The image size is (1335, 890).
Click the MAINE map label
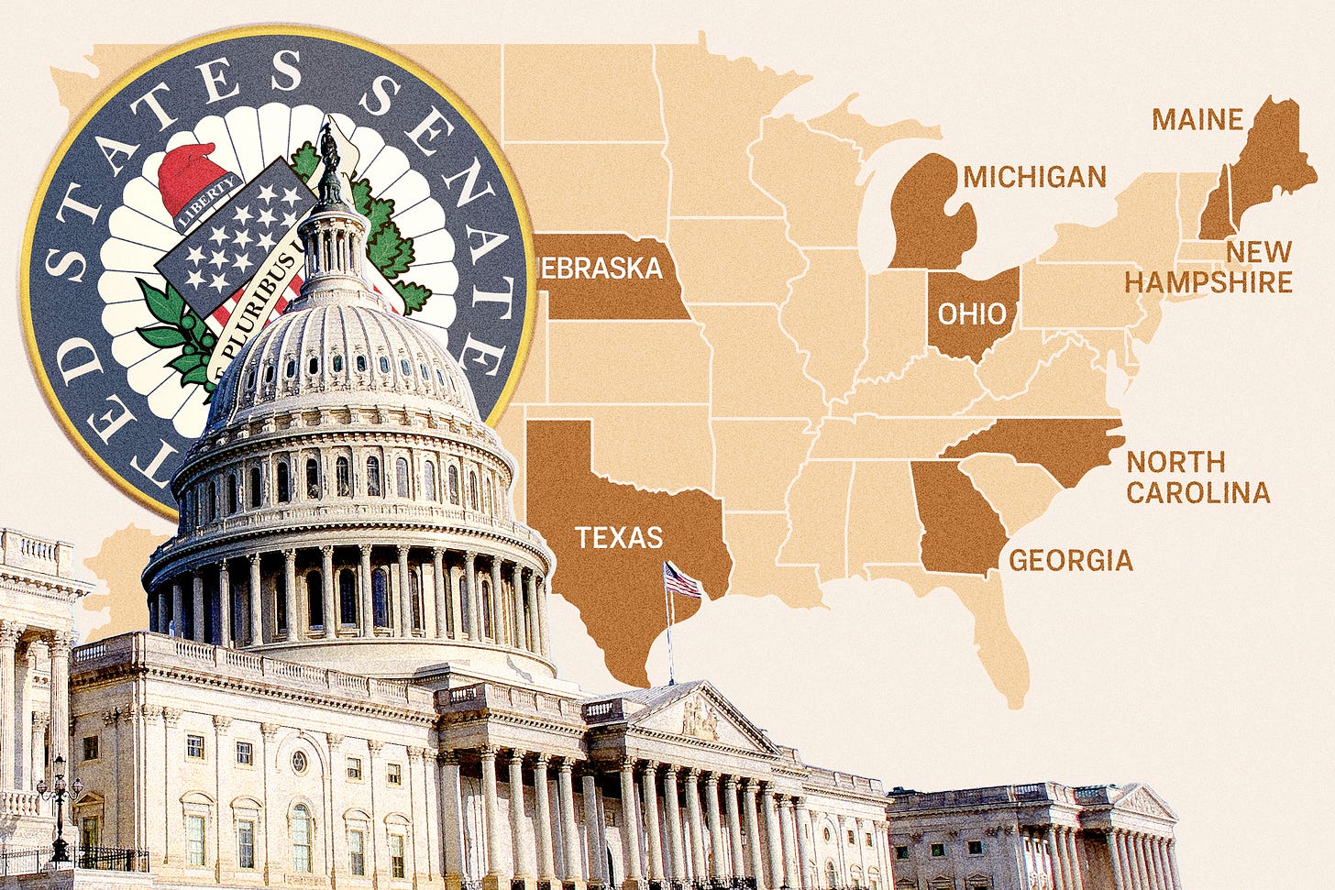click(x=1197, y=119)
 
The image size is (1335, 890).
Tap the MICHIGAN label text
click(x=1035, y=177)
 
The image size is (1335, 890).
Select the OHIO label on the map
click(x=971, y=313)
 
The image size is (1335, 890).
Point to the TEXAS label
click(x=619, y=536)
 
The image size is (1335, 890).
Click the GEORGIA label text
click(x=1071, y=559)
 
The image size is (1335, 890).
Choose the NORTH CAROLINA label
click(x=1197, y=477)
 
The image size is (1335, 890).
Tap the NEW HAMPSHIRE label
click(x=1208, y=267)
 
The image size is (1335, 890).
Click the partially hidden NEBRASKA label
click(x=601, y=268)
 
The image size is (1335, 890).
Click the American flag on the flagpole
click(x=682, y=579)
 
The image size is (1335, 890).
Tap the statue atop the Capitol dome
click(x=329, y=165)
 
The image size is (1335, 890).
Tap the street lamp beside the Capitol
click(x=60, y=807)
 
